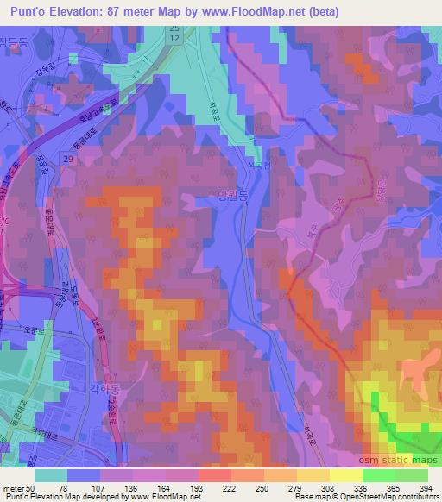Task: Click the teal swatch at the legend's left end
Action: coord(51,474)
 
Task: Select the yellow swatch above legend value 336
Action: coord(345,474)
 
